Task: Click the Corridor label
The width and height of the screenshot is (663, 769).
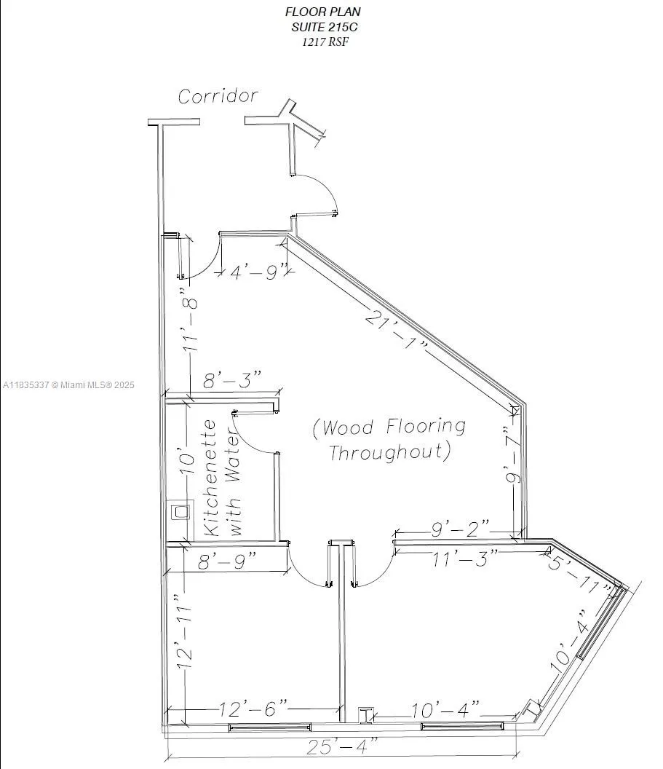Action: click(218, 96)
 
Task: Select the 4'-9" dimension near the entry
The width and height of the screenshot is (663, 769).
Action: click(255, 273)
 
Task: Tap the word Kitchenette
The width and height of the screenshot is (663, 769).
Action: click(210, 477)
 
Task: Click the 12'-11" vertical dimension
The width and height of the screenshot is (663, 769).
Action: click(184, 631)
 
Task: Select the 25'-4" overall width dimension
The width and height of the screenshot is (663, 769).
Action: click(342, 746)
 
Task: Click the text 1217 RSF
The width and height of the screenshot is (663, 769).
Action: click(322, 42)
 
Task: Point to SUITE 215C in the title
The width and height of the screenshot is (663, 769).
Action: click(322, 27)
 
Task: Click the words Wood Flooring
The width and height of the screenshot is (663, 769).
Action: click(389, 427)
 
